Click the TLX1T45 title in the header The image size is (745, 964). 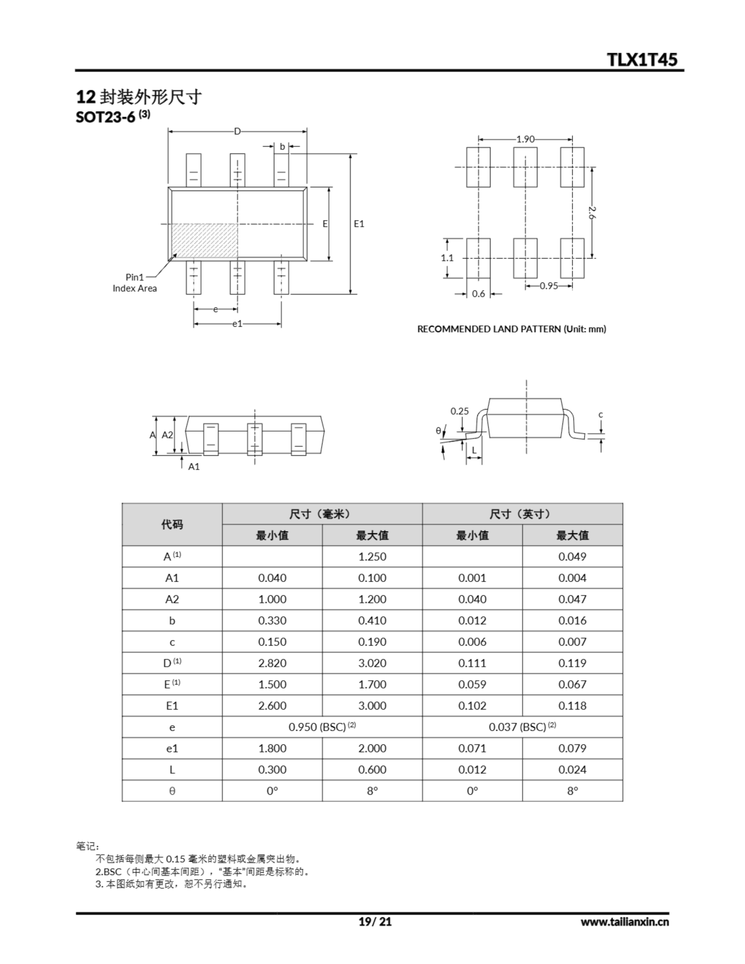tap(642, 59)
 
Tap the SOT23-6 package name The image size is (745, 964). tap(105, 117)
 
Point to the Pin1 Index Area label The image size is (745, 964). tap(135, 282)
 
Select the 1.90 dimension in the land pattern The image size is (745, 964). tap(525, 139)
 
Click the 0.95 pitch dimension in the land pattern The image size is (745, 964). tap(548, 286)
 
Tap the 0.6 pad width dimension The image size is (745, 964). tap(478, 294)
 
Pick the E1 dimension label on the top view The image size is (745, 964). tap(359, 224)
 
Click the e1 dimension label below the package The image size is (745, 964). tap(237, 324)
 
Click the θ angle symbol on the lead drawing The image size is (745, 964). tap(438, 430)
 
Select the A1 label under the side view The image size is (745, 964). tap(194, 467)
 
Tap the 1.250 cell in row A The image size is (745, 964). tap(372, 557)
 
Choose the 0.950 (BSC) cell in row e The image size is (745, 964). tap(322, 727)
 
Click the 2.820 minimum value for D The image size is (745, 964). tap(272, 663)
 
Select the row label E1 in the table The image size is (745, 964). tap(172, 706)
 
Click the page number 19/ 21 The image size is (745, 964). tap(375, 921)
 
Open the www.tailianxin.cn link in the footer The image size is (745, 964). tap(624, 921)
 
